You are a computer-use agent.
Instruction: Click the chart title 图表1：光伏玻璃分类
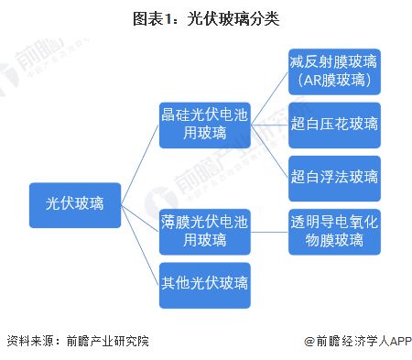pyautogui.click(x=206, y=16)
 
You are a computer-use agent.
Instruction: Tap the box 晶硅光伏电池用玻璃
pyautogui.click(x=203, y=124)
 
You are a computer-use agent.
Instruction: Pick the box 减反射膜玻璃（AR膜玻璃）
pyautogui.click(x=333, y=71)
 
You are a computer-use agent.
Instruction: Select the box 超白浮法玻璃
pyautogui.click(x=333, y=177)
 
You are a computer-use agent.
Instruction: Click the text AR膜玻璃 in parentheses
pyautogui.click(x=333, y=81)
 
